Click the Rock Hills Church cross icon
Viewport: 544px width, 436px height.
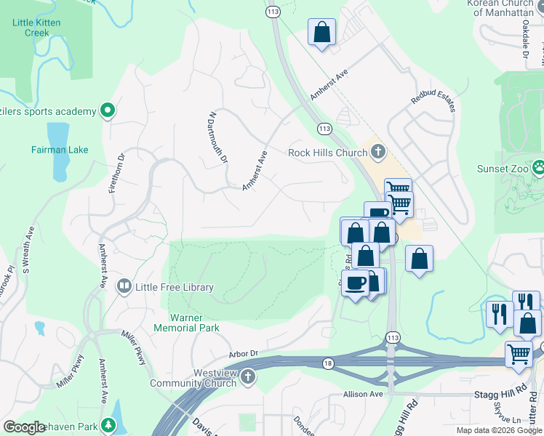377,152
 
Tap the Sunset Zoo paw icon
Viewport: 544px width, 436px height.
538,168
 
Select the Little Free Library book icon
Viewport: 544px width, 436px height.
124,287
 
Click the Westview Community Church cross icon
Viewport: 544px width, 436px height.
249,377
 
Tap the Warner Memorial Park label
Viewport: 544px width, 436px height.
186,323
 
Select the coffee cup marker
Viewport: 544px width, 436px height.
355,283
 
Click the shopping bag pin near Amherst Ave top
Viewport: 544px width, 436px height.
321,32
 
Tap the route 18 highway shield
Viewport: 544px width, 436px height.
328,363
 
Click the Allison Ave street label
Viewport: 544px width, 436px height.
363,394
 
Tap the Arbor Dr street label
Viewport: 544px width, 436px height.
244,354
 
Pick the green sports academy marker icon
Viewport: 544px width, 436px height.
108,111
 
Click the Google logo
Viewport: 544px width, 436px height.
24,427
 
